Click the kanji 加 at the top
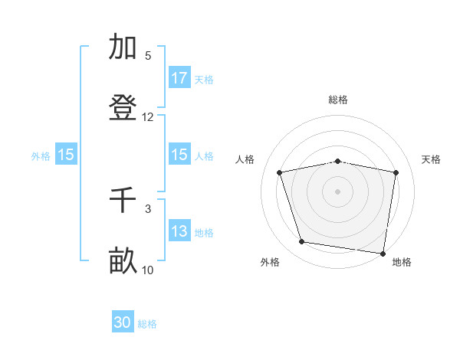pyautogui.click(x=123, y=47)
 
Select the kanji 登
pyautogui.click(x=123, y=108)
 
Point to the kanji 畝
pyautogui.click(x=123, y=261)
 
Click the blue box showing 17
pyautogui.click(x=179, y=78)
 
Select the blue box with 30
pyautogui.click(x=123, y=323)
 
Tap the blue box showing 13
pyautogui.click(x=179, y=232)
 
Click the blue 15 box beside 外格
pyautogui.click(x=66, y=155)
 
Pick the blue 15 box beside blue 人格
pyautogui.click(x=179, y=155)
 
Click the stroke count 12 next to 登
pyautogui.click(x=148, y=117)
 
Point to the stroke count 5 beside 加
pyautogui.click(x=148, y=56)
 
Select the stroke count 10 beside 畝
pyautogui.click(x=148, y=270)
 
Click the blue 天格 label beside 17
pyautogui.click(x=204, y=79)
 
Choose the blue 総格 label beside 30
pyautogui.click(x=147, y=324)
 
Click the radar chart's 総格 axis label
pyautogui.click(x=338, y=100)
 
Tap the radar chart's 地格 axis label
pyautogui.click(x=402, y=262)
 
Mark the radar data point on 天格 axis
pyautogui.click(x=396, y=172)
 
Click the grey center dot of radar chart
pyautogui.click(x=338, y=191)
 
